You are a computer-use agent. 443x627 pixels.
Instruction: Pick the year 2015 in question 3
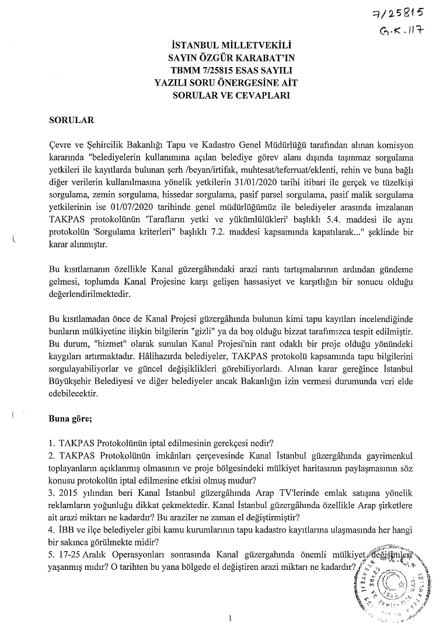pyautogui.click(x=74, y=492)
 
